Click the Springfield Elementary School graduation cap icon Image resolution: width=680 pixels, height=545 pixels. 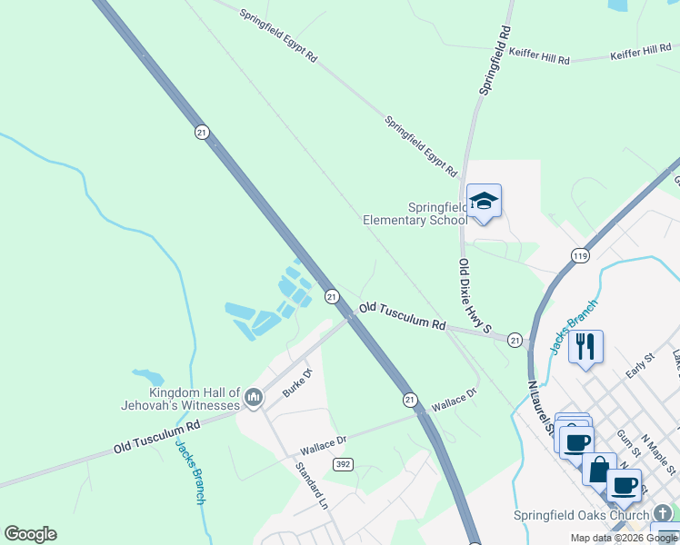pyautogui.click(x=484, y=202)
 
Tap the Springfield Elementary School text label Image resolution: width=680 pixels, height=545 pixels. pyautogui.click(x=415, y=213)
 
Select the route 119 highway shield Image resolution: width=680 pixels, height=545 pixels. pyautogui.click(x=580, y=257)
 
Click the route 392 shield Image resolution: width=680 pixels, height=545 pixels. pyautogui.click(x=343, y=464)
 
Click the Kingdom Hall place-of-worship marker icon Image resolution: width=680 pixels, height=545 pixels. pyautogui.click(x=254, y=398)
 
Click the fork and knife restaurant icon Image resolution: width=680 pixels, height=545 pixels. pyautogui.click(x=585, y=346)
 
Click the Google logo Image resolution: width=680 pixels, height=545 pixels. pyautogui.click(x=30, y=534)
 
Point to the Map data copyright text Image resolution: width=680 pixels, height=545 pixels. pyautogui.click(x=624, y=538)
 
